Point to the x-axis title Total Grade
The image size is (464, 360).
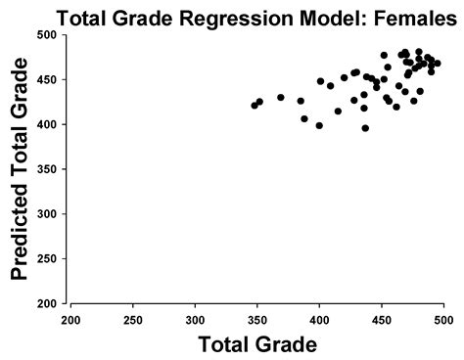coord(256,343)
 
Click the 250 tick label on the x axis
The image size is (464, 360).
coord(133,319)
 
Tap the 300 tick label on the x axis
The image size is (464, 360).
coord(196,319)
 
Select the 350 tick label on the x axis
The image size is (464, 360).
coord(257,319)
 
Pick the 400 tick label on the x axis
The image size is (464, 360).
coord(319,319)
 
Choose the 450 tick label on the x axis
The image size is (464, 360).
coord(382,319)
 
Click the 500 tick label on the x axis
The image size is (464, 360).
coord(442,319)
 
